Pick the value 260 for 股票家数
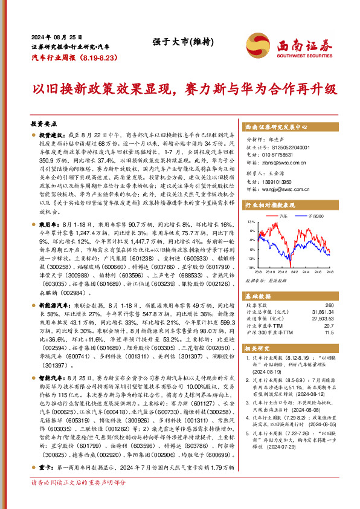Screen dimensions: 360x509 click(x=329, y=305)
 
